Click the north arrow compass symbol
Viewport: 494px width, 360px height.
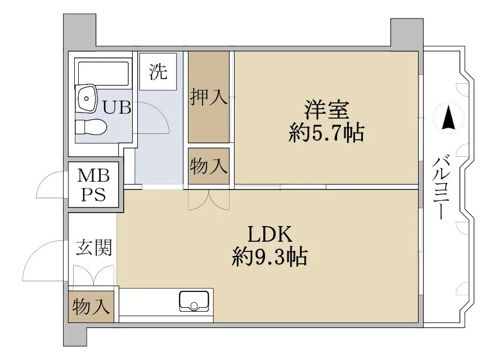point(448,118)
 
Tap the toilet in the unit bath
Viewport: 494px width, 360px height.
point(91,127)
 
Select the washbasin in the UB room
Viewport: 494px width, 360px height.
point(86,98)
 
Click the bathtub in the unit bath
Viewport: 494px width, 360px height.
point(104,73)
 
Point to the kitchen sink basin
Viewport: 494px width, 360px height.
point(194,301)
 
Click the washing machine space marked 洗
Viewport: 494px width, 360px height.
point(158,72)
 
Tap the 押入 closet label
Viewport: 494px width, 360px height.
point(209,97)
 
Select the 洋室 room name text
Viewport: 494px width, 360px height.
point(326,110)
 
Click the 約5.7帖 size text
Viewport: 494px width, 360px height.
point(326,133)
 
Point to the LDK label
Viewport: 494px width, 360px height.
point(270,234)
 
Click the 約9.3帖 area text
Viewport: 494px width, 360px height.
point(270,256)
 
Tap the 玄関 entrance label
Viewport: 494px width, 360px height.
point(94,247)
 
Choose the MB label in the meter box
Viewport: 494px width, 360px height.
point(93,175)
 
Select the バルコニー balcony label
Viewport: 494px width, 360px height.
point(440,187)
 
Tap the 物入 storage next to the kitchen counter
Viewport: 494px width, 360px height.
point(91,307)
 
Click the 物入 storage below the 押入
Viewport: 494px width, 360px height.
point(209,166)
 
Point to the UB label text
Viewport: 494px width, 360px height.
point(117,107)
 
